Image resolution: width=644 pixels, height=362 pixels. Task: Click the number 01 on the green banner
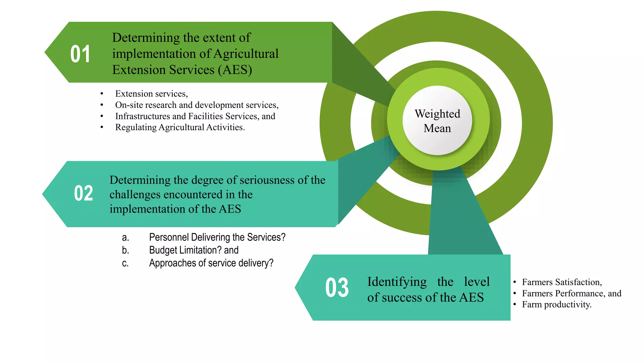(80, 54)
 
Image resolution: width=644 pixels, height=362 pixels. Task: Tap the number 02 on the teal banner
(83, 193)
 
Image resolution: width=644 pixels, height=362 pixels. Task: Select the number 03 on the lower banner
(337, 288)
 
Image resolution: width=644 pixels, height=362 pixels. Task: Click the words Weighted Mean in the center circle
(437, 121)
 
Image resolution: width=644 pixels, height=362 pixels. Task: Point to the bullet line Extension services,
(151, 94)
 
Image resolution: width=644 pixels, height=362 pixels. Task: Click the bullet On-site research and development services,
(197, 105)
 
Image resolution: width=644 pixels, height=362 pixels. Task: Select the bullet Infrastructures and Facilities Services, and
(195, 116)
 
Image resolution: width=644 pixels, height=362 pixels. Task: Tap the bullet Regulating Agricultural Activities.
(180, 127)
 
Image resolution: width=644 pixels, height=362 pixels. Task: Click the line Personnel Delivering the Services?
(217, 237)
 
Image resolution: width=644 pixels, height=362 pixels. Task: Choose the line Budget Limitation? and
(194, 250)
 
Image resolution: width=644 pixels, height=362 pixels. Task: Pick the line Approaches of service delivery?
(211, 263)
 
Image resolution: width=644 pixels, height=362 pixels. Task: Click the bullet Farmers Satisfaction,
(562, 282)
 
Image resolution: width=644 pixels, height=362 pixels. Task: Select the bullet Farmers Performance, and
(571, 293)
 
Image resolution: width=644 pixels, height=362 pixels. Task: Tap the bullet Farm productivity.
(557, 304)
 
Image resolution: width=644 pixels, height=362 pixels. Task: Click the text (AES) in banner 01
(235, 70)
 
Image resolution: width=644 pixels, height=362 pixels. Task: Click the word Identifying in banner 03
(397, 282)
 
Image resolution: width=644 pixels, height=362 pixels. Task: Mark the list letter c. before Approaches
(125, 263)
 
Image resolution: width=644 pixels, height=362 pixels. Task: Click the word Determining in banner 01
(146, 38)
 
